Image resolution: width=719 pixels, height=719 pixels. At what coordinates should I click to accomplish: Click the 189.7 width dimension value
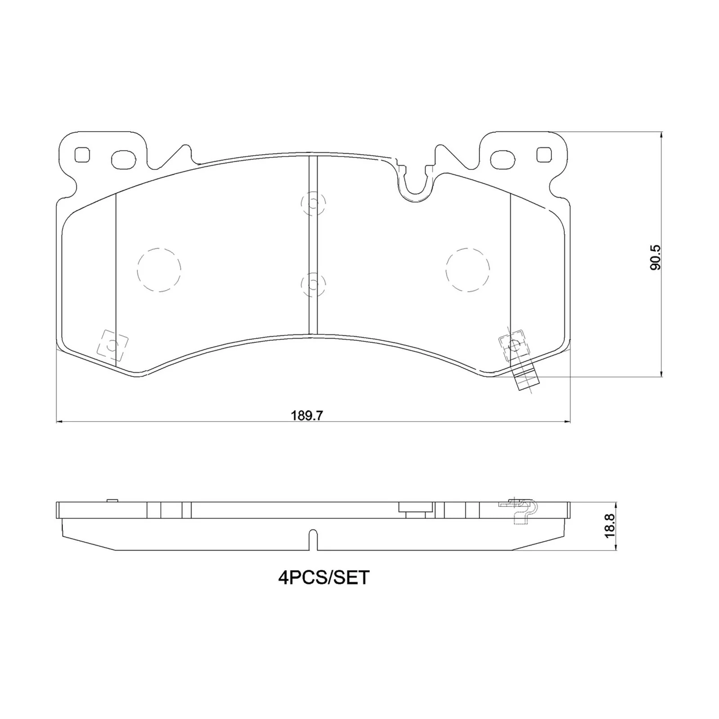(x=307, y=415)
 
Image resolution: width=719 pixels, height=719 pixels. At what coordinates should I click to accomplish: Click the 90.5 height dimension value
(x=656, y=257)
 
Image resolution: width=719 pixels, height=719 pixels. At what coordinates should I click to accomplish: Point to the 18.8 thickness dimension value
(x=609, y=526)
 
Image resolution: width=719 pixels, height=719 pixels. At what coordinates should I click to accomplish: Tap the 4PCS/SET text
(x=324, y=577)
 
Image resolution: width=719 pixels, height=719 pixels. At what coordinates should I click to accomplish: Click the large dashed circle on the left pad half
(x=159, y=270)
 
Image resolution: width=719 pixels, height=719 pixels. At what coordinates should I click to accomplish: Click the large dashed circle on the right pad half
(x=468, y=270)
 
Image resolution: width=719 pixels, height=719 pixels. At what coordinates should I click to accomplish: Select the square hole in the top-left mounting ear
(x=82, y=155)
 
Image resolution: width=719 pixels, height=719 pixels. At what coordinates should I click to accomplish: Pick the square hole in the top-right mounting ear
(x=544, y=155)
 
